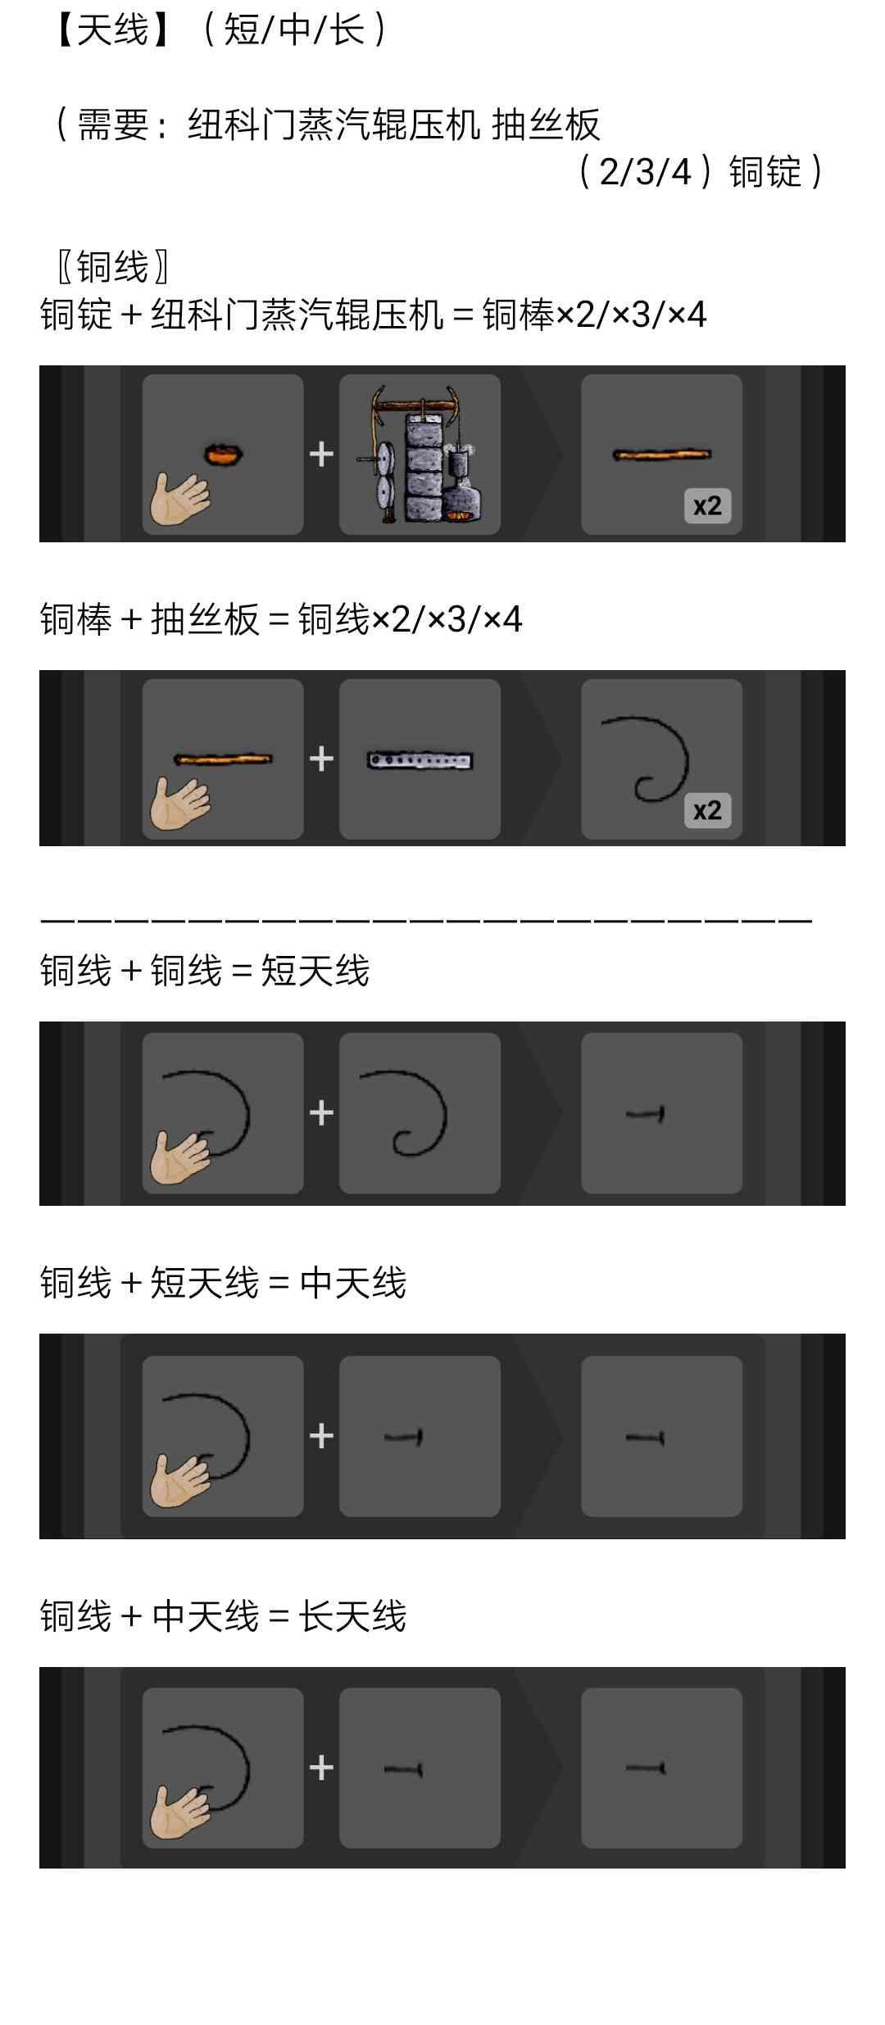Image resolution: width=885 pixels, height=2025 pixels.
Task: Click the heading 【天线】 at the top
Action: (x=112, y=31)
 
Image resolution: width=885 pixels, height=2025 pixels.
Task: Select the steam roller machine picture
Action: (x=420, y=454)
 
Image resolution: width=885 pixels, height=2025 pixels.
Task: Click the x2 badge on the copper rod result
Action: (x=707, y=505)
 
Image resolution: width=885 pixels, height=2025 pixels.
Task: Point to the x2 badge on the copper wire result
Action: (x=707, y=810)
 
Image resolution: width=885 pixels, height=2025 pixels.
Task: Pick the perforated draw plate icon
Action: (x=420, y=760)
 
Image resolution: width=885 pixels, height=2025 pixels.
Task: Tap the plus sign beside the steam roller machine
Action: (x=321, y=454)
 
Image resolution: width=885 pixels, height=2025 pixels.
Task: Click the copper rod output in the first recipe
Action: (x=662, y=454)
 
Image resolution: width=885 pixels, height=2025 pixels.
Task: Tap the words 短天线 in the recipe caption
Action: (x=315, y=971)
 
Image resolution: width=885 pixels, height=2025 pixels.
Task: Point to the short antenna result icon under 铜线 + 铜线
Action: (x=645, y=1113)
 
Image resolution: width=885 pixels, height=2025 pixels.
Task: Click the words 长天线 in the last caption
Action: (x=352, y=1617)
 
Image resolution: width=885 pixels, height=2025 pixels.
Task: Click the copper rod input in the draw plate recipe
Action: (x=223, y=759)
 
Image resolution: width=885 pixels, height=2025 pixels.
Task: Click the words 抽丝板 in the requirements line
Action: (x=547, y=125)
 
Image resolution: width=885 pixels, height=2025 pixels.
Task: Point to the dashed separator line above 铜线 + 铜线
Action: (x=426, y=920)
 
